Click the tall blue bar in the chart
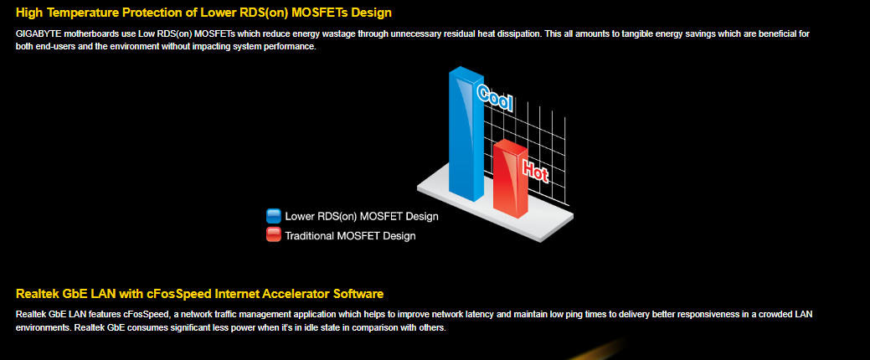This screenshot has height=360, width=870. click(466, 135)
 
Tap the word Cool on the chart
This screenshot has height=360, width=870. click(495, 99)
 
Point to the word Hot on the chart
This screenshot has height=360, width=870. click(535, 170)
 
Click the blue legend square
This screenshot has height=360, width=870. click(274, 216)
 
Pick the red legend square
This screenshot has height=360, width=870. click(274, 234)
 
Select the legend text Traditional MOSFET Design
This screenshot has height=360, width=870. click(350, 236)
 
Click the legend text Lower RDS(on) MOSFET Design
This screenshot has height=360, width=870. click(362, 216)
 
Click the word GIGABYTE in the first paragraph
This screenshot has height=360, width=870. click(39, 33)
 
